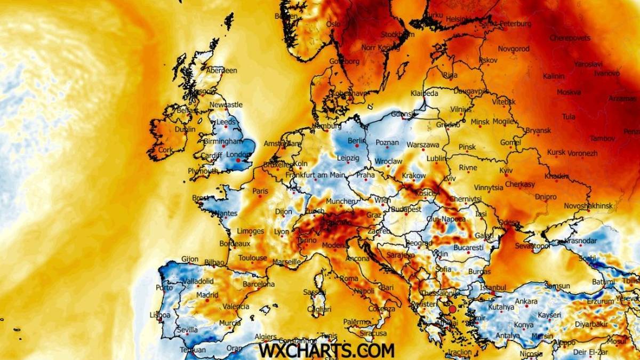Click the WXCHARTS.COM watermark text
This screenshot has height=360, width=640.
[x=326, y=350]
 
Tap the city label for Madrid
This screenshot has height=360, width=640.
[x=206, y=295]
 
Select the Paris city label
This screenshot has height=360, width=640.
[x=260, y=191]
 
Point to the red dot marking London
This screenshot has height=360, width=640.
[x=238, y=160]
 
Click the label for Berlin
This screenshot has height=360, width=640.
[x=355, y=141]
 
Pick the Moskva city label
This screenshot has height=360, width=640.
[x=569, y=92]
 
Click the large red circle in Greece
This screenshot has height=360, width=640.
[x=453, y=309]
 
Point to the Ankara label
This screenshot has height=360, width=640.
[x=526, y=301]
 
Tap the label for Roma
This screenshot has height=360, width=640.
[x=349, y=278]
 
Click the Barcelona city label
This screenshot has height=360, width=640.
[x=259, y=284]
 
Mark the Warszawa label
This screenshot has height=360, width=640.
[x=423, y=145]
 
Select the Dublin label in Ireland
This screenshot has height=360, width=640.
[x=185, y=129]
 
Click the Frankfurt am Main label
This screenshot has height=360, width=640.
[x=315, y=175]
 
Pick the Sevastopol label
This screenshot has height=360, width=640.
[x=533, y=246]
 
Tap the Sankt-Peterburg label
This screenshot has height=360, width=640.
[x=505, y=24]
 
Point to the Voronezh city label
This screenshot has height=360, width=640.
[x=582, y=153]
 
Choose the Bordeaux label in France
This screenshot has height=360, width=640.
[x=235, y=243]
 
